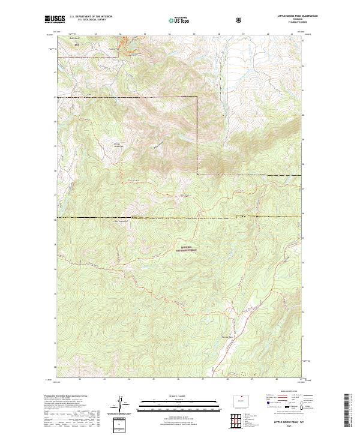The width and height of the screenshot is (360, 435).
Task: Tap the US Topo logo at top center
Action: click(x=179, y=20)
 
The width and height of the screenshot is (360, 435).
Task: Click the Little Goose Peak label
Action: click(x=122, y=221)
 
